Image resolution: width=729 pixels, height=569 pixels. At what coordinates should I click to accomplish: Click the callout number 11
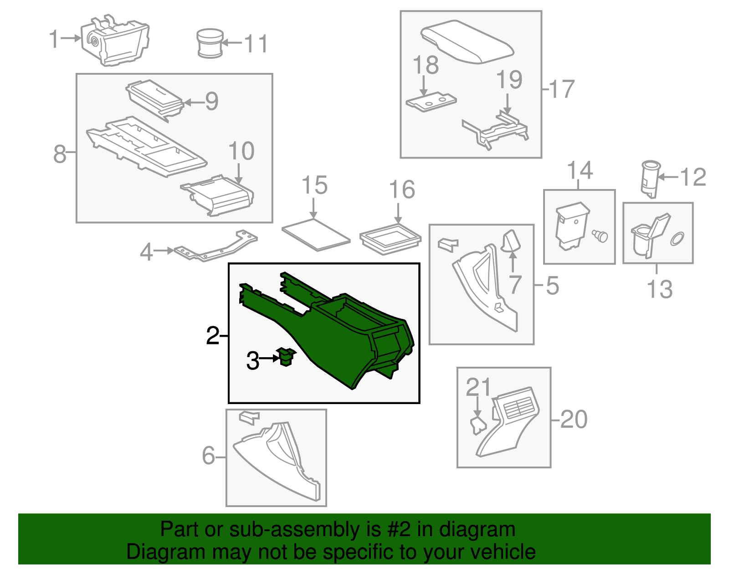click(x=256, y=44)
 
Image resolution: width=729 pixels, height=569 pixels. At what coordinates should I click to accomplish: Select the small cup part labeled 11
click(x=210, y=43)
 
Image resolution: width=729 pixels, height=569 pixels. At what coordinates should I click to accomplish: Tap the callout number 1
click(x=54, y=39)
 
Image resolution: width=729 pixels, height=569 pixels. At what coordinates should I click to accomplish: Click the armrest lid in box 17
click(x=467, y=42)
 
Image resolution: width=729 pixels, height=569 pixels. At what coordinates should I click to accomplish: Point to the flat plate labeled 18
click(x=431, y=103)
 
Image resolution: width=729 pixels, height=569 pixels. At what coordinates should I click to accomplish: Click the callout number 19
click(x=509, y=80)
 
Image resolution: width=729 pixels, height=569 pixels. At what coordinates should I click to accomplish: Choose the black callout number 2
click(x=212, y=336)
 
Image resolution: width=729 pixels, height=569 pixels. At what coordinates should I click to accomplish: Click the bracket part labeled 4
click(x=214, y=249)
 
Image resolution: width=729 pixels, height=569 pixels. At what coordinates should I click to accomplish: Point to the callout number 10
click(x=241, y=151)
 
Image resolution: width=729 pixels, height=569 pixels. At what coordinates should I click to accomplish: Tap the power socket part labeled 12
click(x=650, y=179)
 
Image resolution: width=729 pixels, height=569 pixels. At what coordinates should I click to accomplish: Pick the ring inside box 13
click(x=677, y=238)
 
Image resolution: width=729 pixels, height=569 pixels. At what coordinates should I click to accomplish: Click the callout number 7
click(x=515, y=285)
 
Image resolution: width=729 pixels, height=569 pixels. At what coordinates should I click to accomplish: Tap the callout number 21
click(x=478, y=387)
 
